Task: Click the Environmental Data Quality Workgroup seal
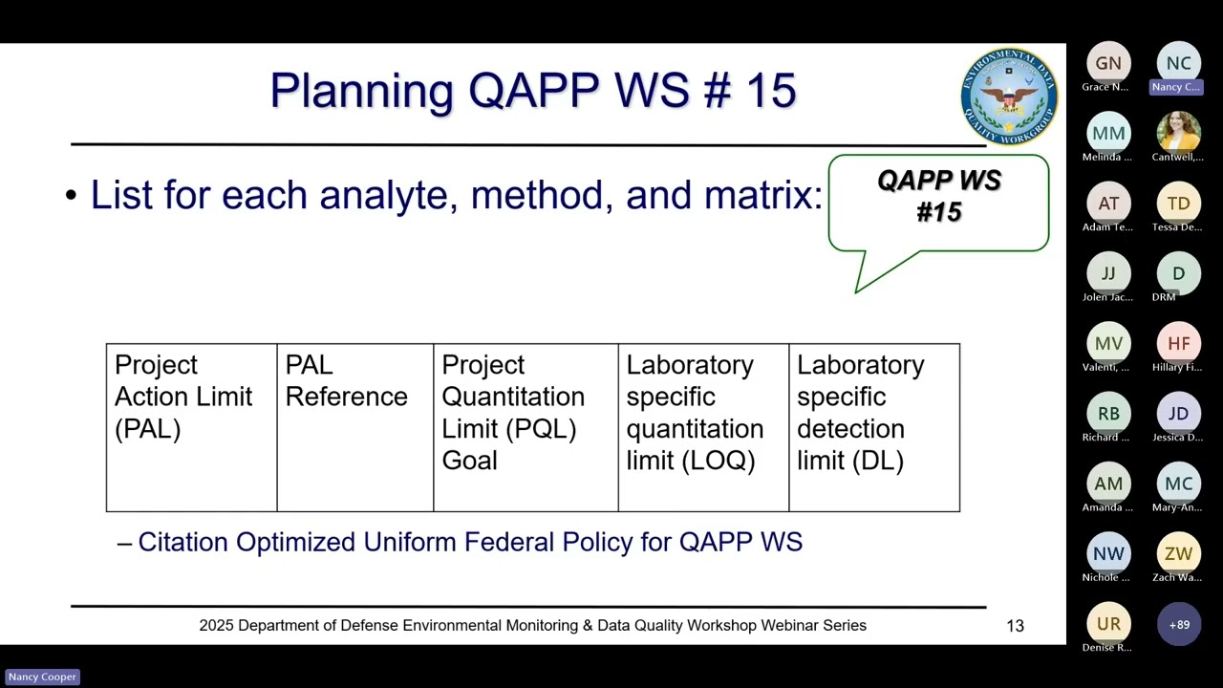pyautogui.click(x=1009, y=97)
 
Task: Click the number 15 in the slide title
pyautogui.click(x=770, y=91)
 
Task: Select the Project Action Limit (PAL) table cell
pyautogui.click(x=191, y=427)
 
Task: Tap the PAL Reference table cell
pyautogui.click(x=354, y=427)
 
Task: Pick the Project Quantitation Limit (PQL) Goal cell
pyautogui.click(x=526, y=427)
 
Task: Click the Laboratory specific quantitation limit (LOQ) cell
pyautogui.click(x=703, y=427)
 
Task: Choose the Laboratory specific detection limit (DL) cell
pyautogui.click(x=873, y=427)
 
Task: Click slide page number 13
pyautogui.click(x=1015, y=626)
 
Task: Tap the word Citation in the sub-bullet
pyautogui.click(x=183, y=543)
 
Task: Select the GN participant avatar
pyautogui.click(x=1108, y=63)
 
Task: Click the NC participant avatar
pyautogui.click(x=1178, y=63)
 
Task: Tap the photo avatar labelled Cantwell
pyautogui.click(x=1178, y=133)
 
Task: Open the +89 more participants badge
pyautogui.click(x=1178, y=624)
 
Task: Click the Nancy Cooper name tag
pyautogui.click(x=42, y=677)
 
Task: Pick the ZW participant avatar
pyautogui.click(x=1178, y=553)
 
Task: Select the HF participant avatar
pyautogui.click(x=1178, y=343)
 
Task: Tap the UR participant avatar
pyautogui.click(x=1108, y=624)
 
